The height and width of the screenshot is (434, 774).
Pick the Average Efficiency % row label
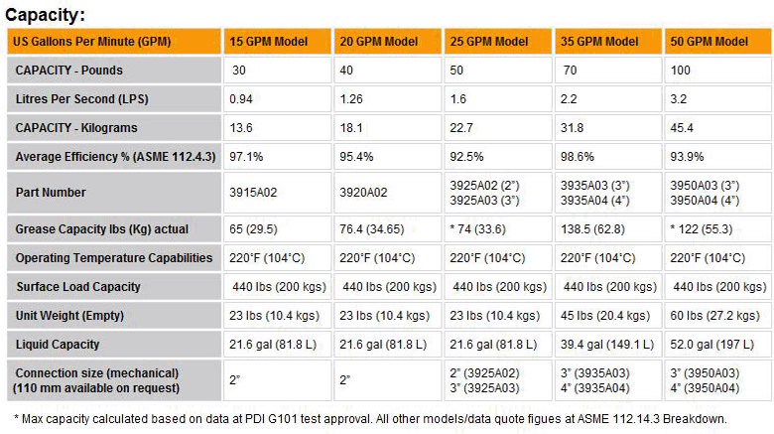[114, 157]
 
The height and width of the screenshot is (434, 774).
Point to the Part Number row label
[51, 193]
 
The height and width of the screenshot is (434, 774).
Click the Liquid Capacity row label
[58, 345]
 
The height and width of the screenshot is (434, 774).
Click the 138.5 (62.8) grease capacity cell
[596, 228]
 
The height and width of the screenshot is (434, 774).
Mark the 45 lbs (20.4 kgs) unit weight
[606, 316]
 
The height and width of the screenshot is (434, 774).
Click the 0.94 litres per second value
[242, 99]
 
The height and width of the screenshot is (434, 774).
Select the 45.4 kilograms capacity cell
[682, 128]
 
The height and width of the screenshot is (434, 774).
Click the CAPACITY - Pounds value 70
[570, 71]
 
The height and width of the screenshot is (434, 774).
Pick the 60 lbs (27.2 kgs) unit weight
[716, 316]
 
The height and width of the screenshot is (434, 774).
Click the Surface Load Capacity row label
[78, 287]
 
